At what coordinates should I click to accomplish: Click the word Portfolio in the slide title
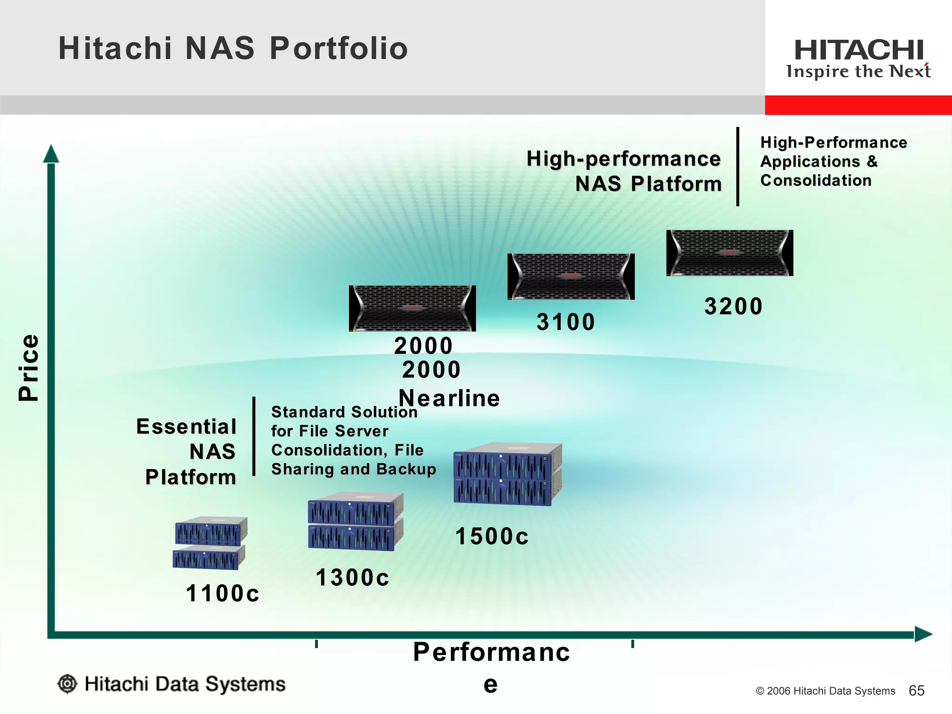(x=338, y=48)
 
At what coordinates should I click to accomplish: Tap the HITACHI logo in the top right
(x=859, y=50)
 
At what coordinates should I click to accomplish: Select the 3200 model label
(x=733, y=306)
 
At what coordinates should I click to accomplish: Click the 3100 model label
(x=565, y=322)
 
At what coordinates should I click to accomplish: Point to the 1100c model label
(x=222, y=594)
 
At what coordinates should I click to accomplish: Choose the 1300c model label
(x=352, y=578)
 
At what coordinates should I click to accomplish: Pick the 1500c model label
(x=491, y=536)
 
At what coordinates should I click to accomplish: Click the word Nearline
(x=449, y=398)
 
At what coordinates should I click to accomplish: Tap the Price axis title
(x=29, y=367)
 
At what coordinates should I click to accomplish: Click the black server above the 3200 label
(x=729, y=253)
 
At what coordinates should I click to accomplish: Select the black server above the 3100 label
(x=571, y=277)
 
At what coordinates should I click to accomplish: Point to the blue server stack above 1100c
(x=210, y=543)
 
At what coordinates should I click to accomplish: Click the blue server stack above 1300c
(x=355, y=522)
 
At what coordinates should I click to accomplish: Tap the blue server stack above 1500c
(x=507, y=474)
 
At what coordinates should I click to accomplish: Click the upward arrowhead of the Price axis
(x=51, y=154)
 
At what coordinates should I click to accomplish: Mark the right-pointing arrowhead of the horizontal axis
(x=923, y=634)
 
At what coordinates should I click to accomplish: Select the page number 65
(x=916, y=691)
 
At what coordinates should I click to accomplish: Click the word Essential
(x=186, y=427)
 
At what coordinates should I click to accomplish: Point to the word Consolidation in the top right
(x=815, y=180)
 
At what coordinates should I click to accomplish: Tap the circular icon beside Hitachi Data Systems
(x=67, y=684)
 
